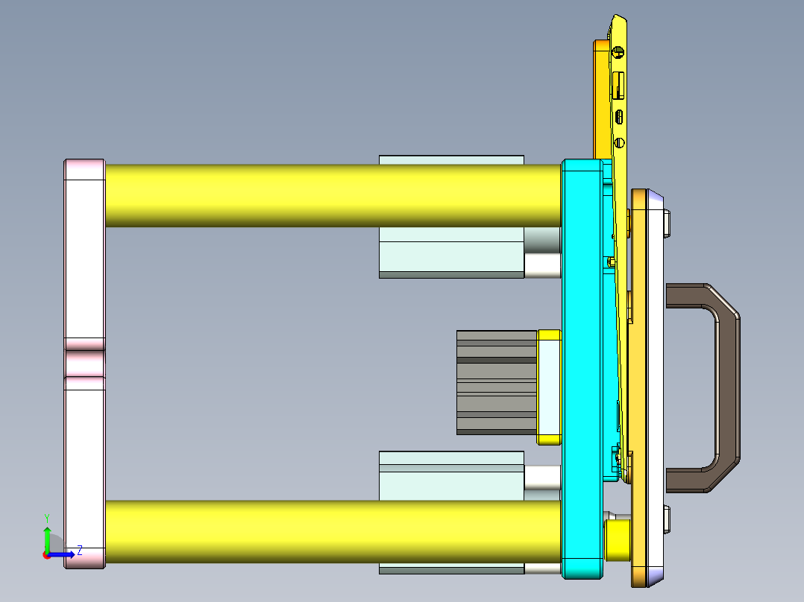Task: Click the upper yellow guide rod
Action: (328, 195)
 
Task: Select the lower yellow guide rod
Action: (328, 530)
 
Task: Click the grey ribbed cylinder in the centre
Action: (496, 382)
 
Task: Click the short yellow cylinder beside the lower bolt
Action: (618, 540)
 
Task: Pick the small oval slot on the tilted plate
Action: (619, 116)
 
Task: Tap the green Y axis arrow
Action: (47, 538)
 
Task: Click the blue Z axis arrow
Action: (63, 554)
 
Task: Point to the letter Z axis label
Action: (79, 551)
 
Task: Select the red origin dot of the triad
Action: (46, 555)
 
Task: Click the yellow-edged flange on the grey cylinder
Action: (549, 387)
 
